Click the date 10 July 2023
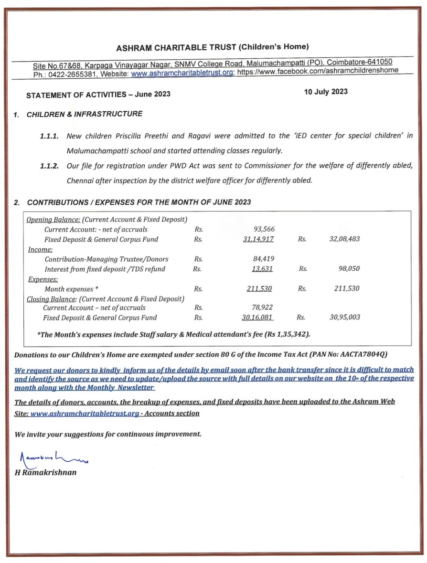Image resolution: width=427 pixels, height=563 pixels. click(326, 92)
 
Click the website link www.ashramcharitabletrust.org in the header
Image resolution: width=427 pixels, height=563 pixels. click(182, 73)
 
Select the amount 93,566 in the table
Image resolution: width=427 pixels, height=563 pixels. click(264, 229)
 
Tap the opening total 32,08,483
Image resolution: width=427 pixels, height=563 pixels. click(344, 239)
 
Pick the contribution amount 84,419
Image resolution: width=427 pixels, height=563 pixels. click(263, 259)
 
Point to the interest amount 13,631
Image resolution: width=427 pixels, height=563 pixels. click(262, 269)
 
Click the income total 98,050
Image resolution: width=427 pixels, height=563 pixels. click(349, 269)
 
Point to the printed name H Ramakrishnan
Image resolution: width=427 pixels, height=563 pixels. click(45, 472)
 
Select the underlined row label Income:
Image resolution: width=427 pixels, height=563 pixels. click(40, 249)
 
